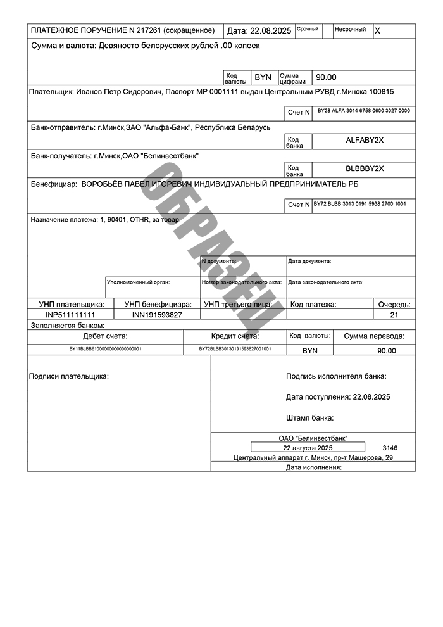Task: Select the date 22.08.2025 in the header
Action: [271, 30]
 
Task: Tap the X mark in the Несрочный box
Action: [378, 30]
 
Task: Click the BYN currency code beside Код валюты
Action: [263, 77]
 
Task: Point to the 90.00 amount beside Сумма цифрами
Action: [327, 77]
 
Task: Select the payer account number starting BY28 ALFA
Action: [364, 111]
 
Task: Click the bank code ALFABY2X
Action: [365, 140]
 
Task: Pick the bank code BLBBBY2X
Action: [365, 168]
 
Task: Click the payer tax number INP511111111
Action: [70, 315]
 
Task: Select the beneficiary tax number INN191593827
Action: [157, 315]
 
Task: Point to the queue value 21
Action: [394, 315]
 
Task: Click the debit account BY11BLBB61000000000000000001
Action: [105, 349]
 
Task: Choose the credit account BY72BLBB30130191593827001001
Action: [235, 349]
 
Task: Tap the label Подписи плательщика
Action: [69, 377]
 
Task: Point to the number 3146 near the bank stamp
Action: [390, 448]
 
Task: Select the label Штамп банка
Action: [310, 418]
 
